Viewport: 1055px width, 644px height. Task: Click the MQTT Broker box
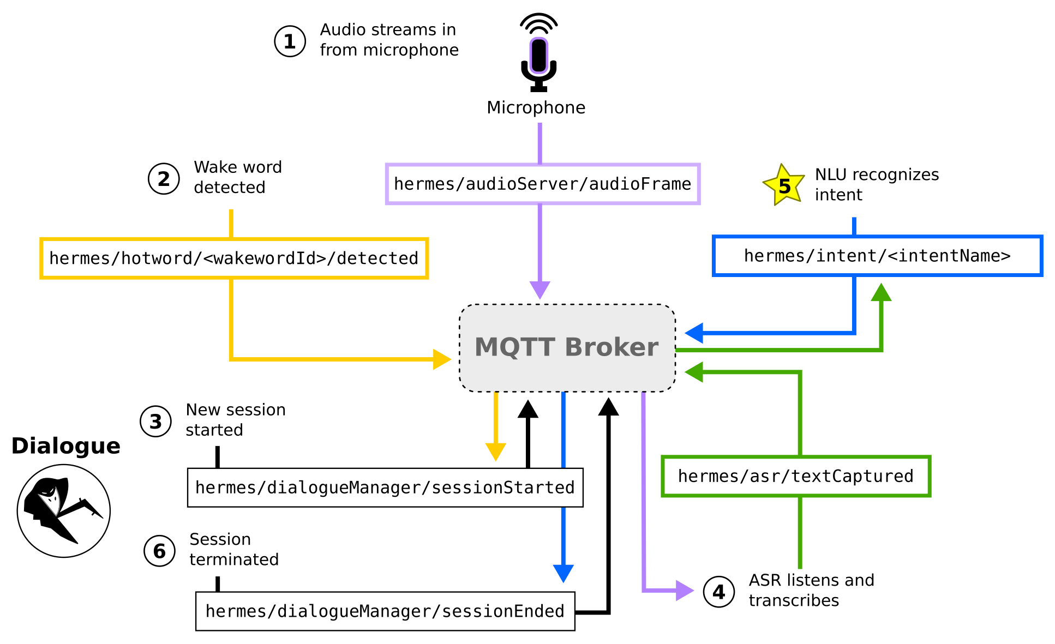[567, 348]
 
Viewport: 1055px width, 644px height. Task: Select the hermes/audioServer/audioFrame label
[542, 184]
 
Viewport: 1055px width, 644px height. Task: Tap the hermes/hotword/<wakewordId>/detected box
[234, 258]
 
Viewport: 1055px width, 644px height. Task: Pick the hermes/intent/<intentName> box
[877, 256]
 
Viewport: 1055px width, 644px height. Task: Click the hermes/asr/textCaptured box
[795, 476]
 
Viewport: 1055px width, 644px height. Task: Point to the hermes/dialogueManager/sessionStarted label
[385, 487]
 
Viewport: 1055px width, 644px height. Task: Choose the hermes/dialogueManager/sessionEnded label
[385, 611]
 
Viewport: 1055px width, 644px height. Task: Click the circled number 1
[290, 41]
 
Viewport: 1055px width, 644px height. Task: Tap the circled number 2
[164, 179]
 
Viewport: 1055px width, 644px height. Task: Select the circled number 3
[155, 422]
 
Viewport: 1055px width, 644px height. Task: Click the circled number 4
[718, 592]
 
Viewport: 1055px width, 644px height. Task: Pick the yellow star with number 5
[784, 186]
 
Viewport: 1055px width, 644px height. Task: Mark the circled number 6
[159, 551]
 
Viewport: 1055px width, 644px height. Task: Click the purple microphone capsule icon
[538, 55]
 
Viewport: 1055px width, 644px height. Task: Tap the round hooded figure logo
[64, 511]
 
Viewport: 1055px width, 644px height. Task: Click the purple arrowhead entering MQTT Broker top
[540, 289]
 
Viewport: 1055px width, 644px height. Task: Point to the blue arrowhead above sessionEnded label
[563, 573]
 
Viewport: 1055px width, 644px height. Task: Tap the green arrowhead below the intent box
[881, 293]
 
